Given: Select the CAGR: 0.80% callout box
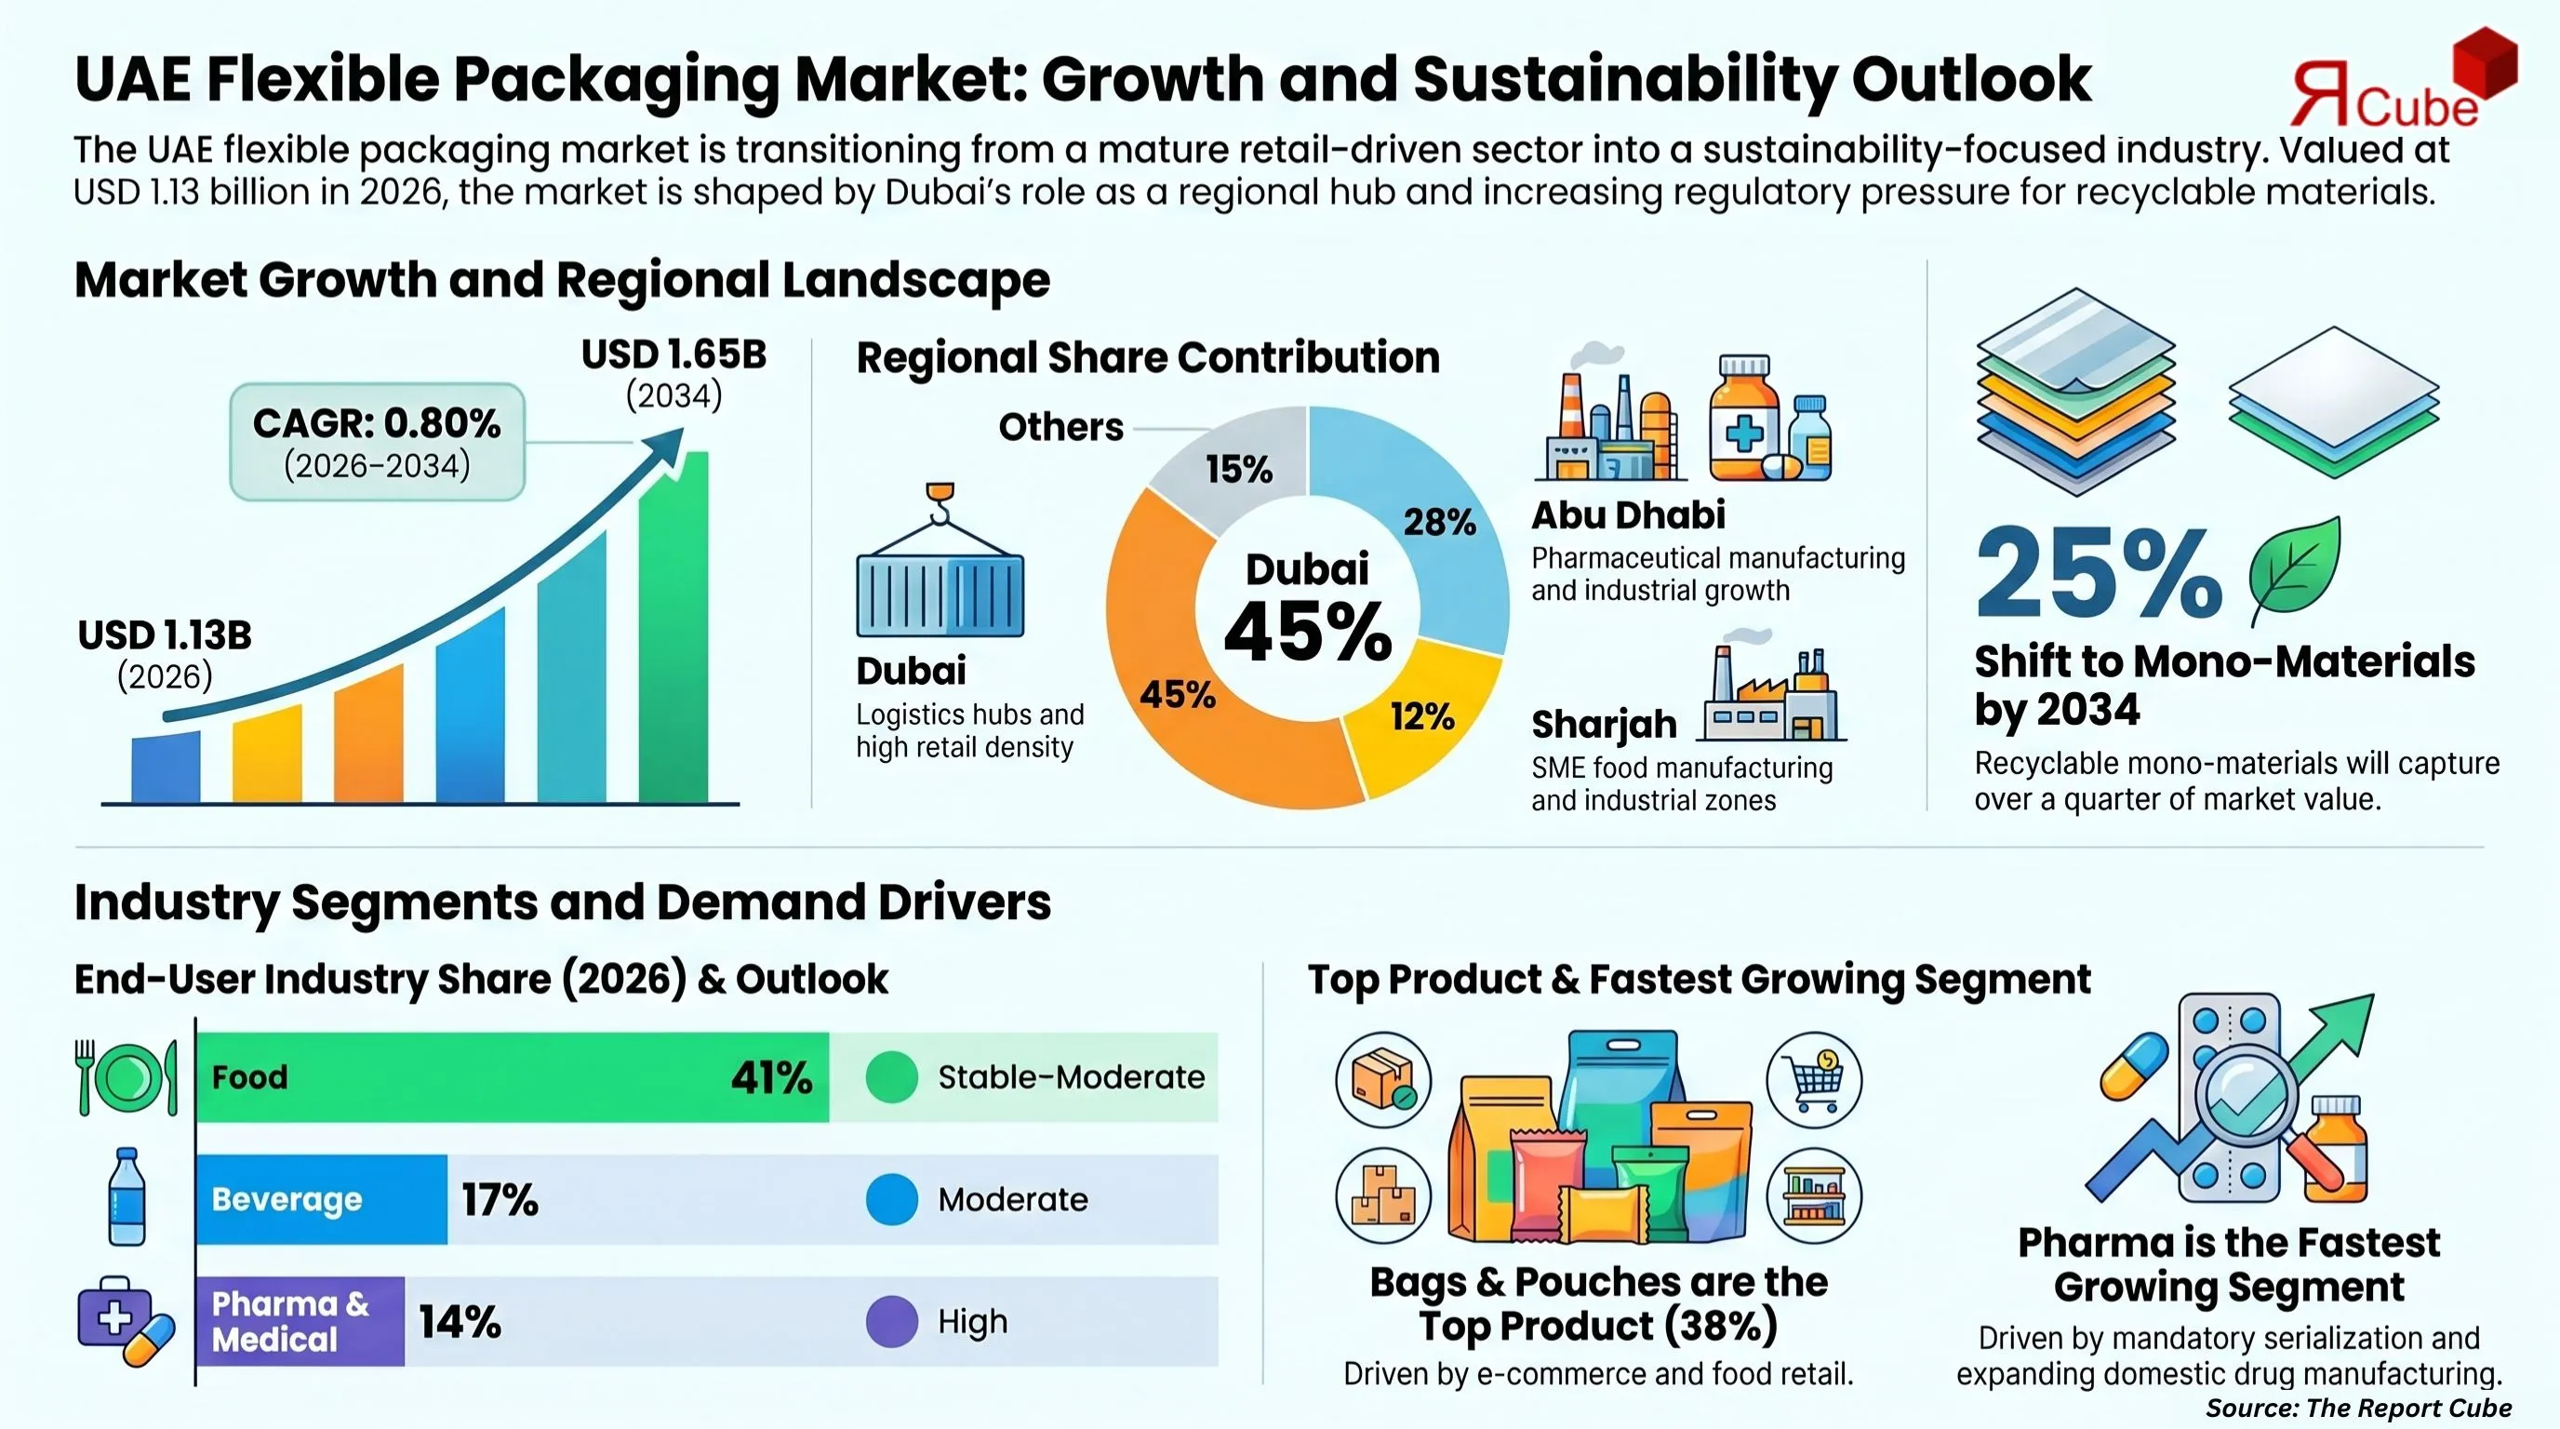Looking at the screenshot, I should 377,441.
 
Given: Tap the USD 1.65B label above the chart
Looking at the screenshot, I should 673,354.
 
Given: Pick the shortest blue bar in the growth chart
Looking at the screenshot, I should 166,768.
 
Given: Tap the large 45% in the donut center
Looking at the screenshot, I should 1308,632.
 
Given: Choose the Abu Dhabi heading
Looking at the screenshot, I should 1628,514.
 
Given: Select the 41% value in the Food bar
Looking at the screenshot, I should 771,1077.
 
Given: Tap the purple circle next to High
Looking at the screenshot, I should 891,1321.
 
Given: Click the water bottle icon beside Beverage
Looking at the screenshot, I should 127,1196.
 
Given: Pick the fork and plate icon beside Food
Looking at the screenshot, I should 127,1077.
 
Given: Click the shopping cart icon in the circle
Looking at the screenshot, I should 1814,1079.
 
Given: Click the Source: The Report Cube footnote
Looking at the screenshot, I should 2357,1408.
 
